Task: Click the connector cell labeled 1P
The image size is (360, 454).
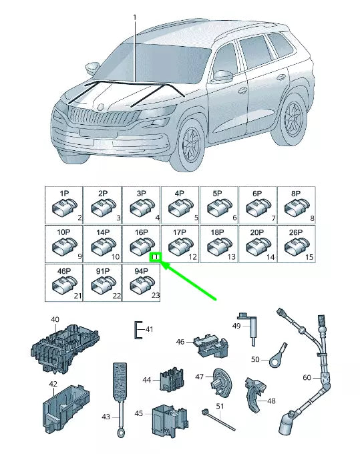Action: coord(63,205)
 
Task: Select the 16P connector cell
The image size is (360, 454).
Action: coord(141,244)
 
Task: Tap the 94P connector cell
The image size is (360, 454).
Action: coord(141,282)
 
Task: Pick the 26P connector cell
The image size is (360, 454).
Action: coord(296,244)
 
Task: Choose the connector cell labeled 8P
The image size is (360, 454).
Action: coord(296,205)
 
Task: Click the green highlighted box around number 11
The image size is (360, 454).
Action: coord(156,257)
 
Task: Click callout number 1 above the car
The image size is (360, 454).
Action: coord(134,16)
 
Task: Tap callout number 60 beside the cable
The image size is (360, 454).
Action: coord(307,378)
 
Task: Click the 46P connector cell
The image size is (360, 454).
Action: coord(63,282)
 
